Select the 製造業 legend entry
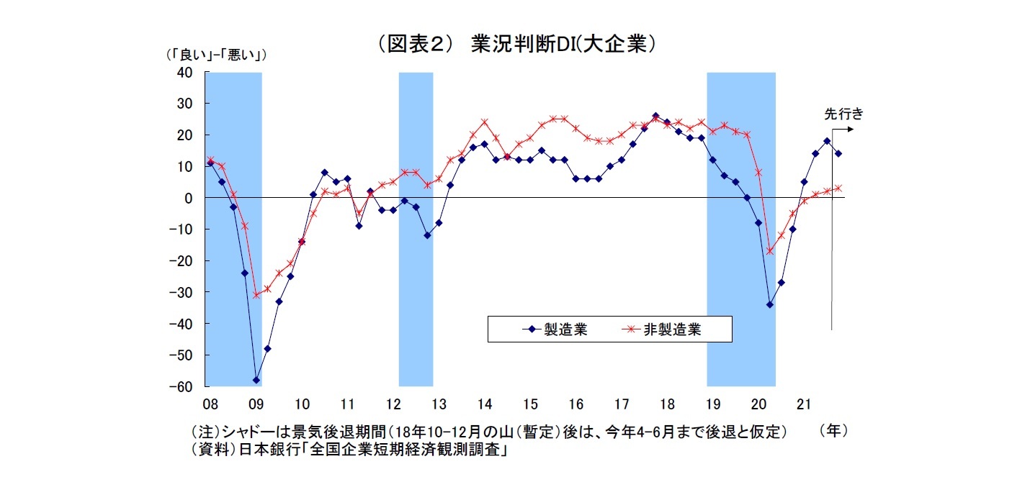pyautogui.click(x=555, y=329)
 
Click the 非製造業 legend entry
pyautogui.click(x=662, y=329)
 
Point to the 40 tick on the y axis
pyautogui.click(x=184, y=72)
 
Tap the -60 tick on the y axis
pyautogui.click(x=181, y=386)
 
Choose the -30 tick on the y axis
pyautogui.click(x=181, y=292)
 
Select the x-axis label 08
pyautogui.click(x=210, y=402)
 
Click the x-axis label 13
pyautogui.click(x=439, y=402)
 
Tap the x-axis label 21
pyautogui.click(x=805, y=402)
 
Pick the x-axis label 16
pyautogui.click(x=576, y=402)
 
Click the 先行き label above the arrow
pyautogui.click(x=843, y=114)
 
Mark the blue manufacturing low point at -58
pyautogui.click(x=256, y=380)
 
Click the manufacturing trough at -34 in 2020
pyautogui.click(x=770, y=304)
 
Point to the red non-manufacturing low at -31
pyautogui.click(x=256, y=295)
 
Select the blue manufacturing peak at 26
pyautogui.click(x=655, y=116)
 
